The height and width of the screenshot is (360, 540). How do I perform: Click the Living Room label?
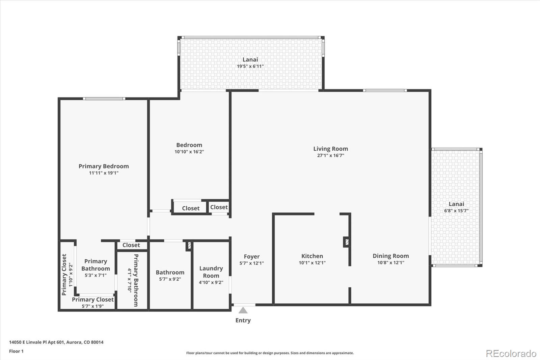click(x=330, y=149)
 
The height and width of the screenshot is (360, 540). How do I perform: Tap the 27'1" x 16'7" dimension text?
click(x=330, y=156)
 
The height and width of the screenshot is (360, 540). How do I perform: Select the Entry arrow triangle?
click(x=243, y=310)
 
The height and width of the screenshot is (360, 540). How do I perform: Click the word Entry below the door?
click(x=243, y=320)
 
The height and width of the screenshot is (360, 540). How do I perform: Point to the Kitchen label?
click(x=312, y=256)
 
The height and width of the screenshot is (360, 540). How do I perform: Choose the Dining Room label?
click(x=390, y=256)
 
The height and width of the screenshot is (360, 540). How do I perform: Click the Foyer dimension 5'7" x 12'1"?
click(x=251, y=263)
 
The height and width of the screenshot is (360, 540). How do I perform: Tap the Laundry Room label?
click(x=211, y=272)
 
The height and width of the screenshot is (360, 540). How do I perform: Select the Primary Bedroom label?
click(x=104, y=166)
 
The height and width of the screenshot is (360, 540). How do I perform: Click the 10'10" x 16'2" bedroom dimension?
click(x=189, y=152)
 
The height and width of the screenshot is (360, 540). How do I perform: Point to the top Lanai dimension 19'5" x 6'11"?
click(x=250, y=67)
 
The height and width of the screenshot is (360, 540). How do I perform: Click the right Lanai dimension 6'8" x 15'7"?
click(x=456, y=211)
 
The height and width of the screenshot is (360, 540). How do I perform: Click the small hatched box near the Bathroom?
click(x=189, y=246)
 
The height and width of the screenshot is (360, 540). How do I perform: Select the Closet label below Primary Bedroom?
click(x=131, y=245)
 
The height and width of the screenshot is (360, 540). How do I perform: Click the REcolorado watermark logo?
click(x=511, y=354)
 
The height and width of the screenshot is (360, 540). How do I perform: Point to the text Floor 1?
click(x=16, y=351)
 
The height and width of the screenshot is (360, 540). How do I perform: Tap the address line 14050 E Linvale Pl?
click(x=56, y=342)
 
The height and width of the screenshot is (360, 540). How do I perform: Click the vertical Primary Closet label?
click(x=64, y=275)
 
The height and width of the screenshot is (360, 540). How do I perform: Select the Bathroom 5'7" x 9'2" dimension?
click(x=170, y=279)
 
